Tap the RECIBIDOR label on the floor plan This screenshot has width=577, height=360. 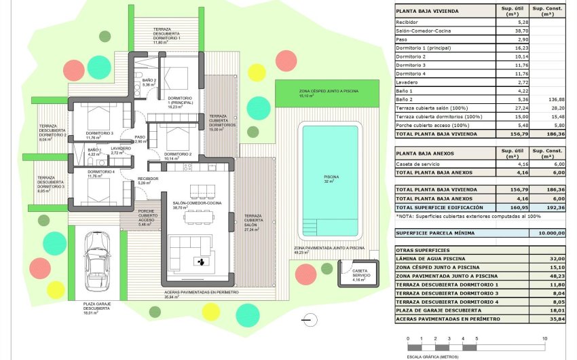click(x=148, y=179)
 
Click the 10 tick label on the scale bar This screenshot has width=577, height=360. click(x=545, y=338)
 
